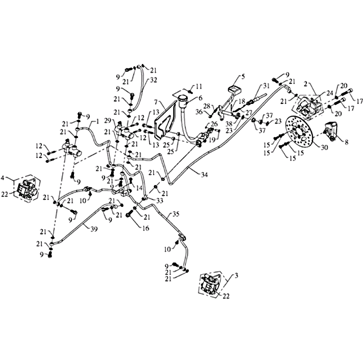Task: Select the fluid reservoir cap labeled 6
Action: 183,98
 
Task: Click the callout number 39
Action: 94,229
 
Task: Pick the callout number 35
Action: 176,214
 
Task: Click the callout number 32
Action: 153,80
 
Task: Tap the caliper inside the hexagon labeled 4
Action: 26,190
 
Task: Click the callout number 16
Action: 146,228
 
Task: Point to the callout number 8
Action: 346,142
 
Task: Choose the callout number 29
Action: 114,120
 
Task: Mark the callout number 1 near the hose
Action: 97,121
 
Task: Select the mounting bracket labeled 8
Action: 332,131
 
